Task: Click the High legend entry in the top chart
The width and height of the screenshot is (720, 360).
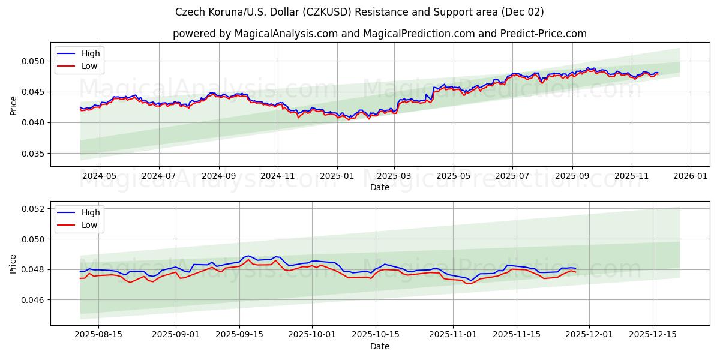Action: point(91,53)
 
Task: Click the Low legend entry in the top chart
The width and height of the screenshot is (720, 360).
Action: point(89,67)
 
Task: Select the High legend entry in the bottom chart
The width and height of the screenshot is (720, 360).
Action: point(91,212)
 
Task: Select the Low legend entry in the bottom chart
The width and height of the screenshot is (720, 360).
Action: point(89,226)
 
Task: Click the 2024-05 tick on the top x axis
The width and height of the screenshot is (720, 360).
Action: point(99,176)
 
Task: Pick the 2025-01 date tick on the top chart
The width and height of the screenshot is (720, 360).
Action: point(337,176)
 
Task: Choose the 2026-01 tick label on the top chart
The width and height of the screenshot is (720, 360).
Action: point(691,176)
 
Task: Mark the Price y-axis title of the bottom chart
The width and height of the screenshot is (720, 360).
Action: point(13,263)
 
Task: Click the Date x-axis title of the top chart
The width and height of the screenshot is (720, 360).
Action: point(379,187)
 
